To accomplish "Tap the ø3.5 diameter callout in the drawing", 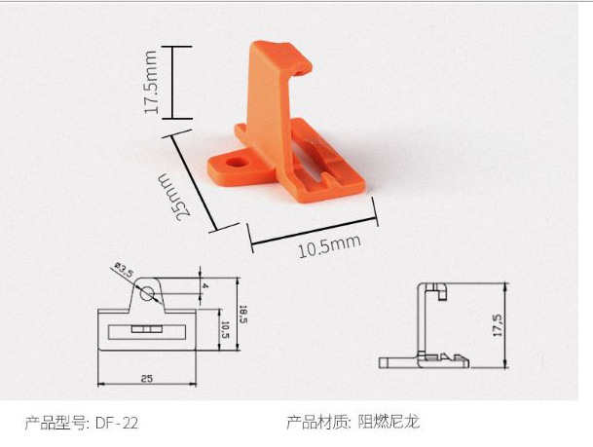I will click(x=123, y=267).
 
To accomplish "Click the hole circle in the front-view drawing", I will click(x=146, y=290).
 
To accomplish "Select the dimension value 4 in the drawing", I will click(x=204, y=287).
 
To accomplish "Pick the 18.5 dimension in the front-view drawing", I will click(x=243, y=314).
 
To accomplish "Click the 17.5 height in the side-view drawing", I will click(x=497, y=325).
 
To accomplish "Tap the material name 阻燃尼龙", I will click(x=389, y=423).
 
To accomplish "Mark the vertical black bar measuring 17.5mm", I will click(x=173, y=83).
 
